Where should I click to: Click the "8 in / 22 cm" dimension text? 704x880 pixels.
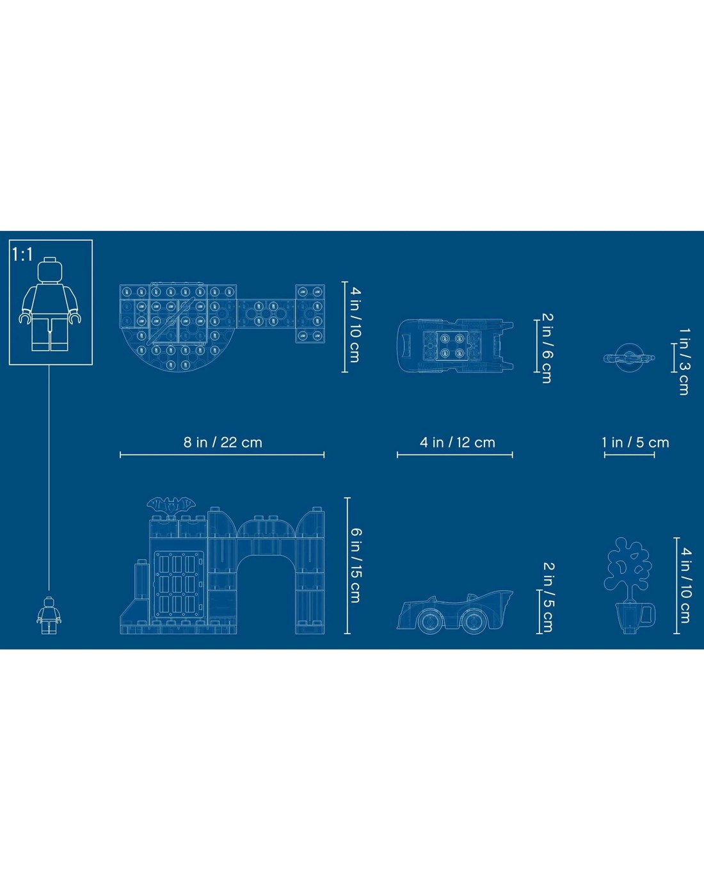(x=223, y=442)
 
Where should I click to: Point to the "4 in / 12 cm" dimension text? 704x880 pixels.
(x=457, y=442)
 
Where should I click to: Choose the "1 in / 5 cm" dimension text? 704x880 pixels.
(x=635, y=442)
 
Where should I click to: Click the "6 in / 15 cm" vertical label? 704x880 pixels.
(x=356, y=566)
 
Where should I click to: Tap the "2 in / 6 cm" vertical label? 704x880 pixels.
(x=547, y=348)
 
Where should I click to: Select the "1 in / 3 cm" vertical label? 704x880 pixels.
(x=684, y=361)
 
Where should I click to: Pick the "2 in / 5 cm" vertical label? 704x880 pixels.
(x=548, y=597)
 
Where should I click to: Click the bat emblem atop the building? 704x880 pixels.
(x=172, y=504)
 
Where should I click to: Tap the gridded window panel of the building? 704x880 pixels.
(x=179, y=586)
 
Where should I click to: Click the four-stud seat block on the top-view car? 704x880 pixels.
(x=451, y=346)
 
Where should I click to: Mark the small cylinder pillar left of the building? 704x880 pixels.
(x=141, y=579)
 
